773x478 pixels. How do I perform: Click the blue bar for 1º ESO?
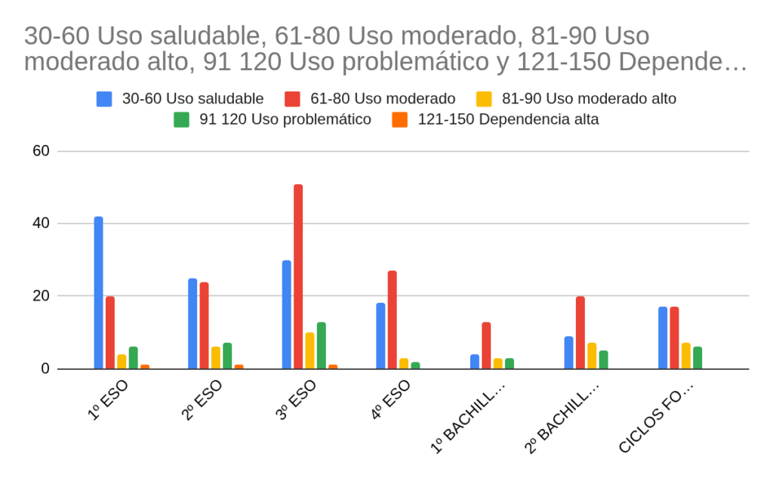coord(98,292)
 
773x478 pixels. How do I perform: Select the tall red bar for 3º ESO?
coord(298,276)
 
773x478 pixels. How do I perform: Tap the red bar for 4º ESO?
coord(392,319)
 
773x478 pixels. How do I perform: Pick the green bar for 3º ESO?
coord(322,345)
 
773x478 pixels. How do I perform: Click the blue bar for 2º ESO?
coord(192,323)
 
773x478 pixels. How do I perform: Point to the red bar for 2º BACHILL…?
coord(580,332)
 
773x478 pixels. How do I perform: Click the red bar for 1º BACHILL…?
coord(486,345)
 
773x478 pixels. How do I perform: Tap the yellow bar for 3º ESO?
coord(310,350)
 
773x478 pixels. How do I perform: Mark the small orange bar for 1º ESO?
coord(145,367)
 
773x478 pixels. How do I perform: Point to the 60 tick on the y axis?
coord(41,151)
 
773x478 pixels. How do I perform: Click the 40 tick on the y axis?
coord(41,224)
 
